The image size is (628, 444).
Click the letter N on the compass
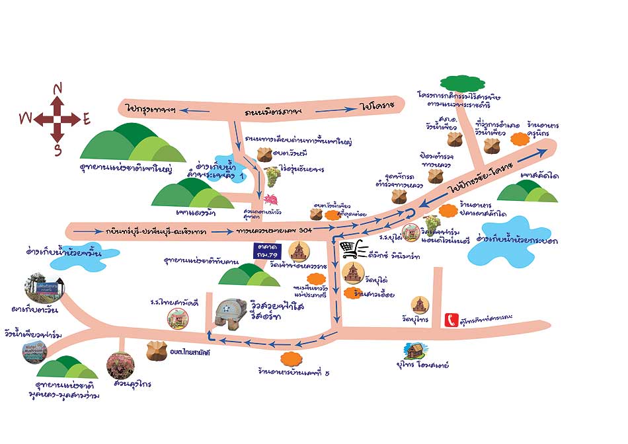pos(58,89)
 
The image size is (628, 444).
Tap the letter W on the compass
pos(25,118)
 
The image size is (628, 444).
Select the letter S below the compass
pos(58,150)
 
